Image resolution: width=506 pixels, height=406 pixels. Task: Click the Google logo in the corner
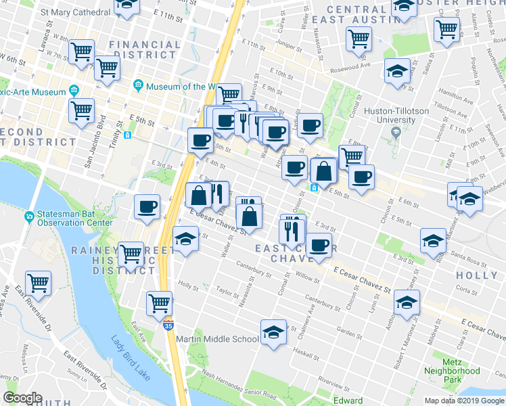23,398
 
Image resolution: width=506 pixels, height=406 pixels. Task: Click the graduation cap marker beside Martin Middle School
273,332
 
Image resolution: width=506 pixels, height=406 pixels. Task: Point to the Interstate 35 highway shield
168,317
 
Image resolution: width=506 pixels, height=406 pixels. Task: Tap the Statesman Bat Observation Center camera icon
29,217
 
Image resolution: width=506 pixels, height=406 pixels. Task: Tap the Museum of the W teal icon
139,86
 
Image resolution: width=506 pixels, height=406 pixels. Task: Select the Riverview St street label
333,383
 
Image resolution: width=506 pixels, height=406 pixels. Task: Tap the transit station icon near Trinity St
127,135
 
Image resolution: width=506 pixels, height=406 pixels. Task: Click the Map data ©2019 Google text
464,401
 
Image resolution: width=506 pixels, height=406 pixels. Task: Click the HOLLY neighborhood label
477,275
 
